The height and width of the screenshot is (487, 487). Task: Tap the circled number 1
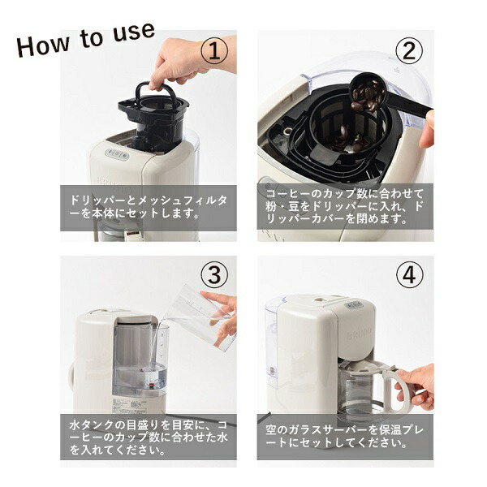[x=214, y=53]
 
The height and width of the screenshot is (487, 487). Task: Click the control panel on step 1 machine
[x=119, y=154]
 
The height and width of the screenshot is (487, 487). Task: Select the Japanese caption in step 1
[x=149, y=208]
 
